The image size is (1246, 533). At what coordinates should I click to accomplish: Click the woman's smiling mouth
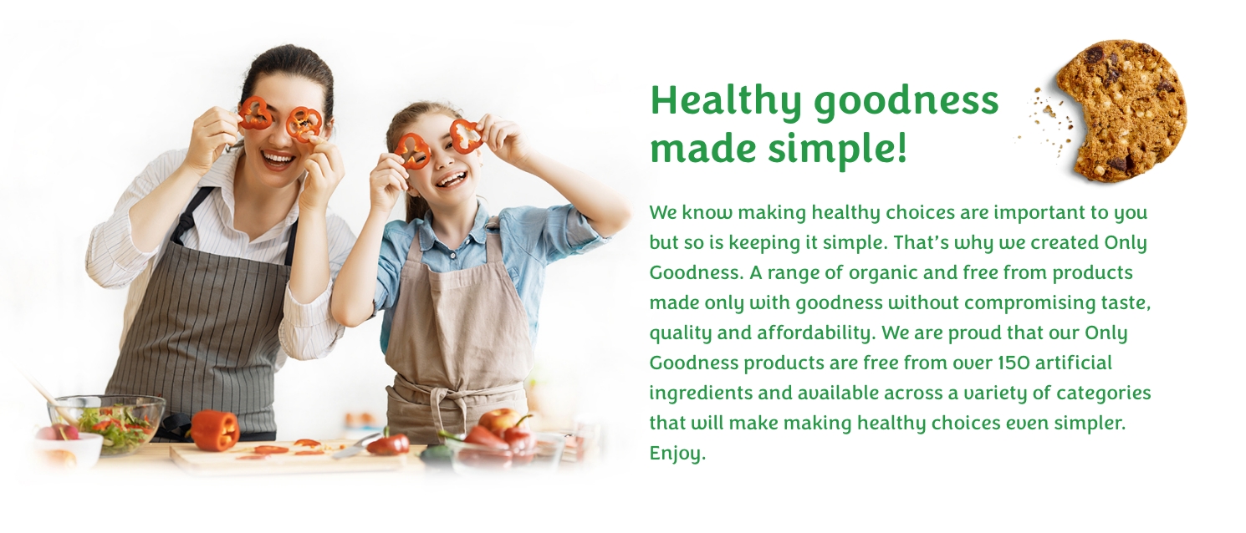(278, 157)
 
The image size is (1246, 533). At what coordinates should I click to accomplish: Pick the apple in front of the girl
(500, 419)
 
